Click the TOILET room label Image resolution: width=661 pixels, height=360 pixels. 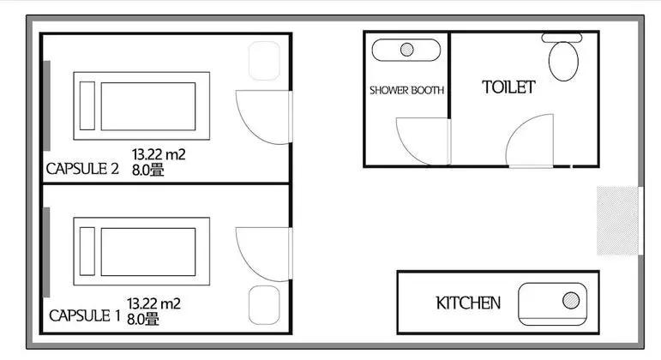[x=508, y=87]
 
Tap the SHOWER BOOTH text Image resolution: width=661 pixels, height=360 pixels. [x=406, y=90]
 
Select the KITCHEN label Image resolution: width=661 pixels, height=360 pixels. [x=468, y=303]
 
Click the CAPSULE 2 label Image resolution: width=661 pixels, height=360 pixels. [x=82, y=169]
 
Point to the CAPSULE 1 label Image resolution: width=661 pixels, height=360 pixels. [x=84, y=315]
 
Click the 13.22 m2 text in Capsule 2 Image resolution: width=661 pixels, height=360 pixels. [x=159, y=154]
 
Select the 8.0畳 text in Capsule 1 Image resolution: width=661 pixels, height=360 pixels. [x=143, y=319]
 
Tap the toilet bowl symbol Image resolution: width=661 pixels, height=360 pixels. [x=563, y=61]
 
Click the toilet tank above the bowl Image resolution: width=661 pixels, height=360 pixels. [x=562, y=38]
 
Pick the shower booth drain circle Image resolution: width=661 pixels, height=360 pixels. [x=406, y=50]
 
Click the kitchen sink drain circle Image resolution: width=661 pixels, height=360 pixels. [x=571, y=301]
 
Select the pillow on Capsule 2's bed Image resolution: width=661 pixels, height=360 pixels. [x=87, y=105]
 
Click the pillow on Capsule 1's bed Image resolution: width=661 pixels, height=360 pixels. [x=87, y=251]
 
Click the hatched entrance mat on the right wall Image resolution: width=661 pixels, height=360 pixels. [x=617, y=220]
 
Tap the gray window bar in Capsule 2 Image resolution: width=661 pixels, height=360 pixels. [x=47, y=105]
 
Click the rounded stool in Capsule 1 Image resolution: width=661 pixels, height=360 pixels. [x=264, y=305]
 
